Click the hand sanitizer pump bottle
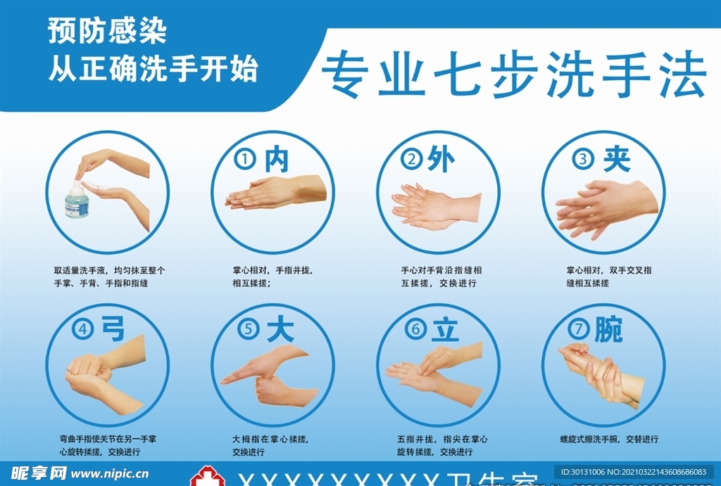tap(77, 200)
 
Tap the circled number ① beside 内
tap(244, 160)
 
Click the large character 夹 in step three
tap(616, 160)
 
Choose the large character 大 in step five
tap(280, 329)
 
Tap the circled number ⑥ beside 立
tap(415, 329)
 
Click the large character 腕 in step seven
tap(608, 328)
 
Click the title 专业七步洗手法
tap(513, 75)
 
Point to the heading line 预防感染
tap(107, 32)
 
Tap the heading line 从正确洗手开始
tap(153, 69)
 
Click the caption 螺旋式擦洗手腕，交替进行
tap(609, 439)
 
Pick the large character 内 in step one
tap(276, 160)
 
